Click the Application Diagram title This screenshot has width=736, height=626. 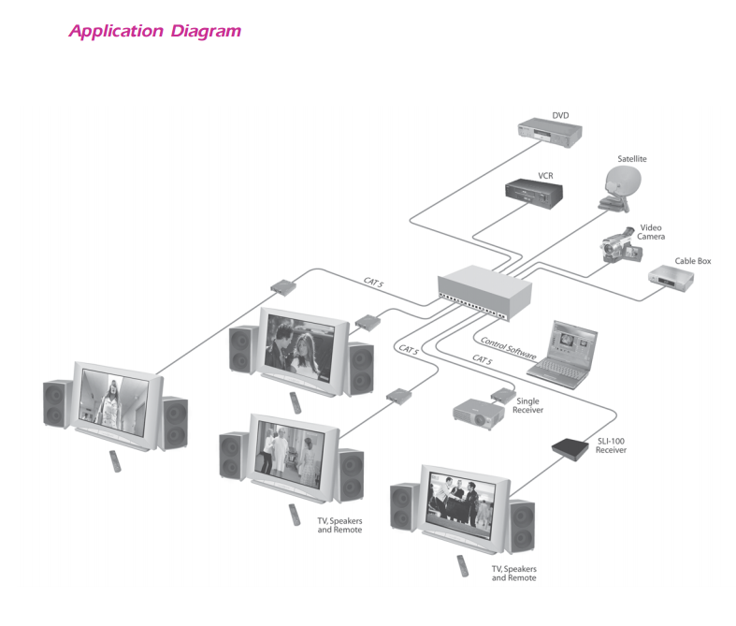(154, 32)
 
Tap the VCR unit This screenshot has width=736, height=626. (537, 192)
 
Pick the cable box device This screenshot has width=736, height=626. (672, 277)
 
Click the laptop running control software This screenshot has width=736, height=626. (563, 351)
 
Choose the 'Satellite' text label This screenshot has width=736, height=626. (631, 159)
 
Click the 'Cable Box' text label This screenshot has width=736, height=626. (692, 261)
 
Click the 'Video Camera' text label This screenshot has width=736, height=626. (652, 232)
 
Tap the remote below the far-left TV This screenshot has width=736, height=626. (115, 460)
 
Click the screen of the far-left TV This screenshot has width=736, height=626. (111, 399)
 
